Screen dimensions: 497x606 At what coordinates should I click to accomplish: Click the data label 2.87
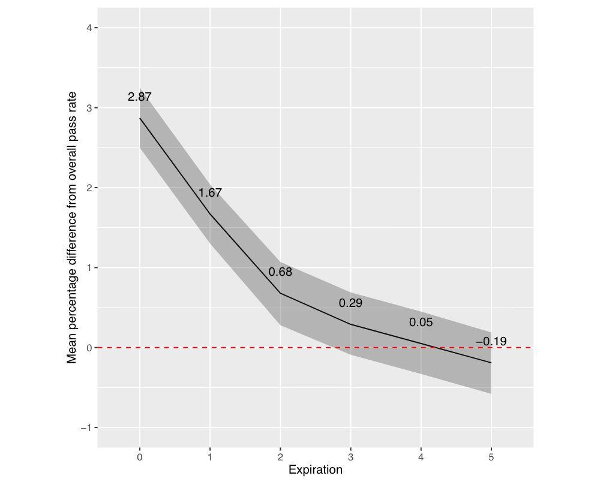[139, 97]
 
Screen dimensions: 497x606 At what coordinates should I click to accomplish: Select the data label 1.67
[210, 193]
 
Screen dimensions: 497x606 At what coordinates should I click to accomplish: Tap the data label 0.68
[280, 272]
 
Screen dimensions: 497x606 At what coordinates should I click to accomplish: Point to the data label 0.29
[350, 303]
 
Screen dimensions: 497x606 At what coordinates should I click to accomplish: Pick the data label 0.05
[421, 323]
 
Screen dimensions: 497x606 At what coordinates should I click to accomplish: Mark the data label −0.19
[491, 342]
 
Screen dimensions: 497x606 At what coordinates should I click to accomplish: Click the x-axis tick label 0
[140, 457]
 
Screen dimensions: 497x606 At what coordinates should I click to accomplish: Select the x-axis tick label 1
[210, 457]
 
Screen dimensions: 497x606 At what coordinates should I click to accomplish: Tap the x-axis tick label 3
[350, 457]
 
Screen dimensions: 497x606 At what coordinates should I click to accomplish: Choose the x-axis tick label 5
[491, 457]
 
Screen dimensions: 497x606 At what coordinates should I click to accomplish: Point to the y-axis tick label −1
[85, 427]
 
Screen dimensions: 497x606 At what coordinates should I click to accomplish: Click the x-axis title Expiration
[315, 470]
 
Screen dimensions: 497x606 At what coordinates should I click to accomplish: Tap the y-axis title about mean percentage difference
[72, 228]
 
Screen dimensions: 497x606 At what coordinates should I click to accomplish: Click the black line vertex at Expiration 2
[280, 293]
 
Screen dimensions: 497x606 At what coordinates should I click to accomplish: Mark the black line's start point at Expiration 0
[140, 118]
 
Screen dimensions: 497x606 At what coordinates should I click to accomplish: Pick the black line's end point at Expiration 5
[491, 363]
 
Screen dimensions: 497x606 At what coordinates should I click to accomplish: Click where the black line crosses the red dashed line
[435, 348]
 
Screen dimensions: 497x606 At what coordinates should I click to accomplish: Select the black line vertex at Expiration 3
[350, 324]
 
